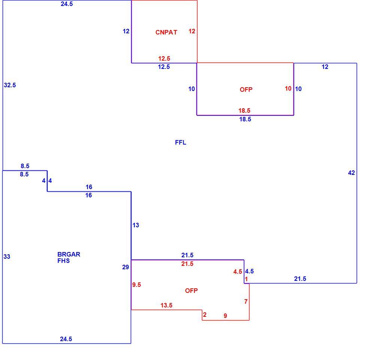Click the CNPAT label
166,32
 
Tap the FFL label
181,142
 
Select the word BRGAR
69,254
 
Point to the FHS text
64,261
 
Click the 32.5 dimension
10,85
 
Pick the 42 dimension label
351,173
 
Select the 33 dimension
7,257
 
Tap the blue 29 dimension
125,267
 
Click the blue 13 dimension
136,225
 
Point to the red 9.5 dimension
137,285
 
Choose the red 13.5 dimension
166,305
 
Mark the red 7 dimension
246,301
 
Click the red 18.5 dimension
244,110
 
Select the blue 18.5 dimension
245,119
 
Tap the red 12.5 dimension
164,58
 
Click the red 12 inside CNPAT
192,31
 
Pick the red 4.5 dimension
238,272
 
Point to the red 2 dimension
205,315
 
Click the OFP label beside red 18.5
246,90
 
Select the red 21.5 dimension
187,264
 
